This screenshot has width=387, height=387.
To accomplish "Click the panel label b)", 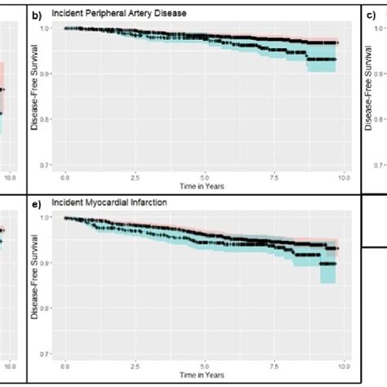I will tap(36, 14).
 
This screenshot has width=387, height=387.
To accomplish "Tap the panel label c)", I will tap(369, 14).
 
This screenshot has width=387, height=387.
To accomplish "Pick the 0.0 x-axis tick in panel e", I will tap(65, 363).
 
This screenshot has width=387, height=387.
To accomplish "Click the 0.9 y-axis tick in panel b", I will tap(55, 74).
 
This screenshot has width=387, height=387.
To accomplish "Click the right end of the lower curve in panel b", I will tap(334, 60).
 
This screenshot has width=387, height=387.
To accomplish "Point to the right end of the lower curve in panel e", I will tap(334, 264).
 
